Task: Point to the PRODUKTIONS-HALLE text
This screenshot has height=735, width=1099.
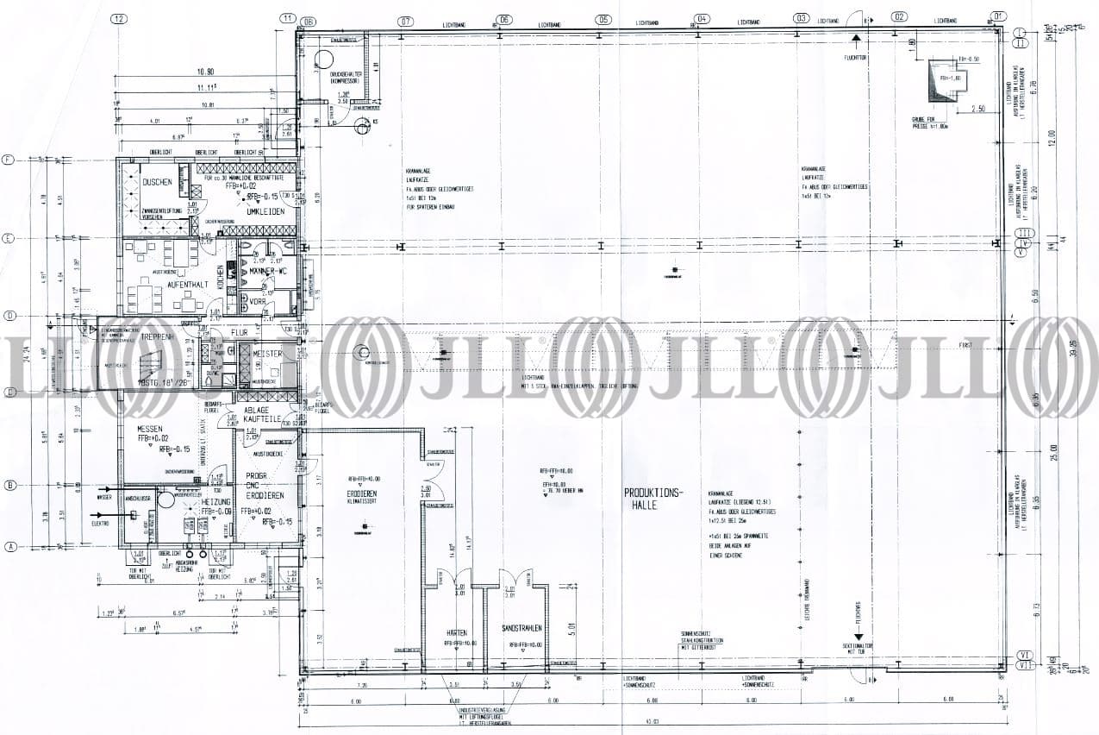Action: coord(653,499)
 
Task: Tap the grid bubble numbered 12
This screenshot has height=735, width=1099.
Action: coord(119,17)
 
